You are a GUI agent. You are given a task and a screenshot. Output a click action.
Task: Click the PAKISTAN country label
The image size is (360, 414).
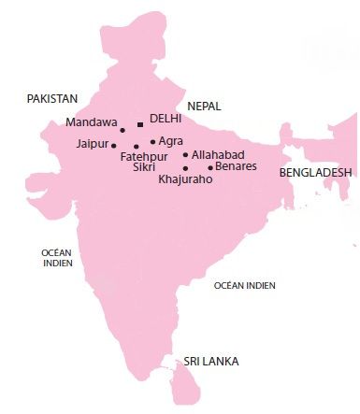coord(51,98)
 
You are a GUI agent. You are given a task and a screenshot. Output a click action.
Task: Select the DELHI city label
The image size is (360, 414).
coord(165,121)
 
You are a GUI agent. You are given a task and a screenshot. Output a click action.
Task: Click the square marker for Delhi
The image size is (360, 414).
coord(140,123)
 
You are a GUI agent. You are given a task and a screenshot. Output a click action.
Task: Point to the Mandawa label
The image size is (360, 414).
coord(93,122)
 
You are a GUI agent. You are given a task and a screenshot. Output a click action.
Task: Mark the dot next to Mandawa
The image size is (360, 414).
coord(122,129)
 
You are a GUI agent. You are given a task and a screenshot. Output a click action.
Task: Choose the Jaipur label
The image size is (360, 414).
coord(94,145)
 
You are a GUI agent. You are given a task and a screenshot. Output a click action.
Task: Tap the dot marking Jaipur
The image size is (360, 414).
coord(114,146)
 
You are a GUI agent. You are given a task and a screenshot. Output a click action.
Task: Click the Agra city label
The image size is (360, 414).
coord(171,141)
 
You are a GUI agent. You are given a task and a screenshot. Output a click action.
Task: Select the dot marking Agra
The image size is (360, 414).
coord(152,142)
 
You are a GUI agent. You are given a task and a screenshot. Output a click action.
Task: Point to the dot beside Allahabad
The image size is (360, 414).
coord(186,154)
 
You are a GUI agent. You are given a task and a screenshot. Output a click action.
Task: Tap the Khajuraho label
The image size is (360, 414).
coord(186,178)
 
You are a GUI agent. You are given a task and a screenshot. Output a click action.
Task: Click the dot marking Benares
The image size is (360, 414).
coord(210,167)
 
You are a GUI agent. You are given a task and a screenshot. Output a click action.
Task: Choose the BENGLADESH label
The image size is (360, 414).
coord(316,173)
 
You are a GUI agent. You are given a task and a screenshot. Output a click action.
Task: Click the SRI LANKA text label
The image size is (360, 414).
coord(211,361)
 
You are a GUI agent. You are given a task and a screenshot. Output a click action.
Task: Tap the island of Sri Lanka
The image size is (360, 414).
coord(186,383)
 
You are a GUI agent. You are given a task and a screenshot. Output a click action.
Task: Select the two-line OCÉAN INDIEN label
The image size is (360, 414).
coord(56,258)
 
